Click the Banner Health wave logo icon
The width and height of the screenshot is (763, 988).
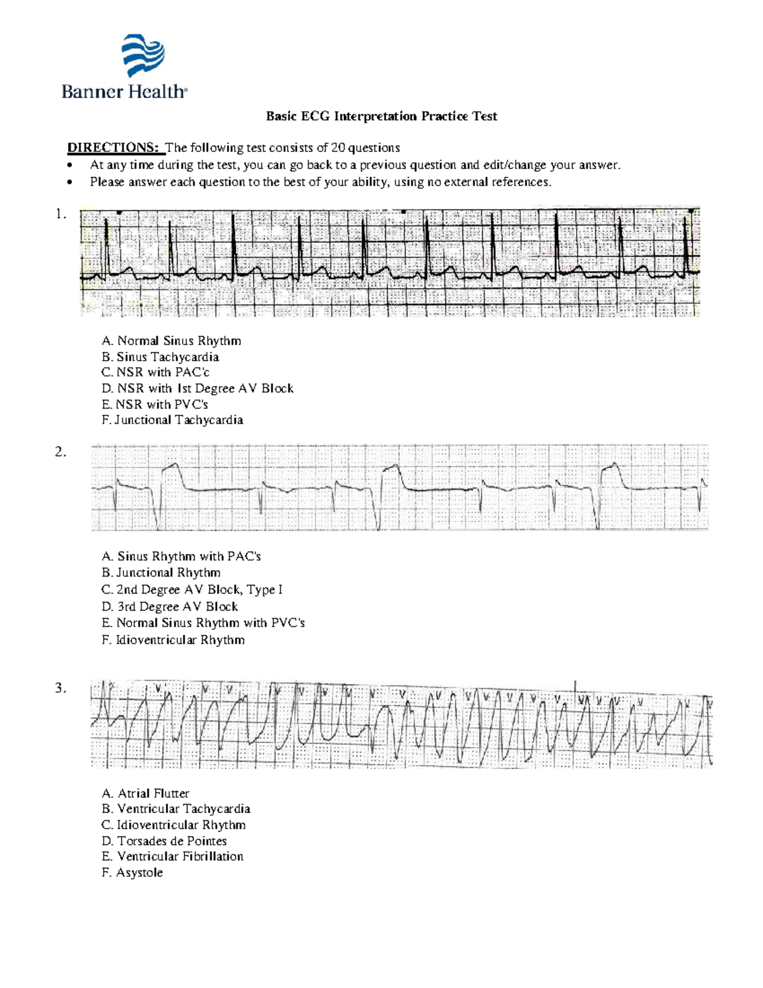143,56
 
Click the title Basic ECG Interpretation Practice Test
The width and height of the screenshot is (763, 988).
381,116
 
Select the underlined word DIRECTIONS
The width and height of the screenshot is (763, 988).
113,148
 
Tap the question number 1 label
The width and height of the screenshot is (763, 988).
61,214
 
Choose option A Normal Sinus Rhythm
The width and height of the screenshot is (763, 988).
171,341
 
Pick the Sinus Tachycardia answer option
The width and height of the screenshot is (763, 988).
160,357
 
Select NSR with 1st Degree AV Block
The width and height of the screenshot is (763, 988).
197,388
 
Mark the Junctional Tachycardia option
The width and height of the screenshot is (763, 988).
172,420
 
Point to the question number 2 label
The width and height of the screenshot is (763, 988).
60,452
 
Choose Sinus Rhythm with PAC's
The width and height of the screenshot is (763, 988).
181,557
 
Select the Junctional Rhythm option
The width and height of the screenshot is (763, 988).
161,573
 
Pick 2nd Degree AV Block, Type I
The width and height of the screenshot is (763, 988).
192,590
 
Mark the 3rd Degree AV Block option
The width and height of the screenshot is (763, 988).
170,606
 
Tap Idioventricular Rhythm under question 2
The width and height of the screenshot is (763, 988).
173,640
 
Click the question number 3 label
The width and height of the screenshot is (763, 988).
60,688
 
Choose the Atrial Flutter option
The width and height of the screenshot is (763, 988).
146,793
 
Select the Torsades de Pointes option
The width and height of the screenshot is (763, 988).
164,840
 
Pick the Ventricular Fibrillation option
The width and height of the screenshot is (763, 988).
172,856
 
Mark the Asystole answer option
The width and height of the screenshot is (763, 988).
132,873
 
